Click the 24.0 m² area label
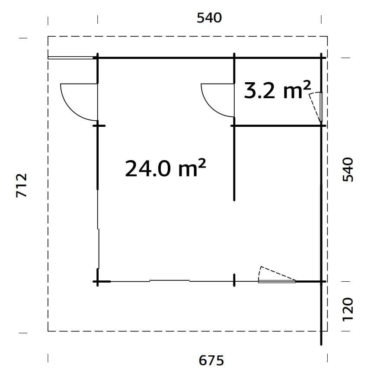click(x=165, y=168)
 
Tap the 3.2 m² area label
click(x=277, y=90)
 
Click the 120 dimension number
click(x=348, y=309)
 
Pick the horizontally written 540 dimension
click(x=209, y=18)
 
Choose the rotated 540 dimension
click(x=348, y=170)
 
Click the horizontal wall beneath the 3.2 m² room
click(x=277, y=126)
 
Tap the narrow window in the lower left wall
click(x=99, y=249)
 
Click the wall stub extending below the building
click(x=322, y=314)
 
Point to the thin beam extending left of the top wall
click(x=71, y=57)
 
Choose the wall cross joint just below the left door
click(x=98, y=125)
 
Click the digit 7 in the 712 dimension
click(x=22, y=193)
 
